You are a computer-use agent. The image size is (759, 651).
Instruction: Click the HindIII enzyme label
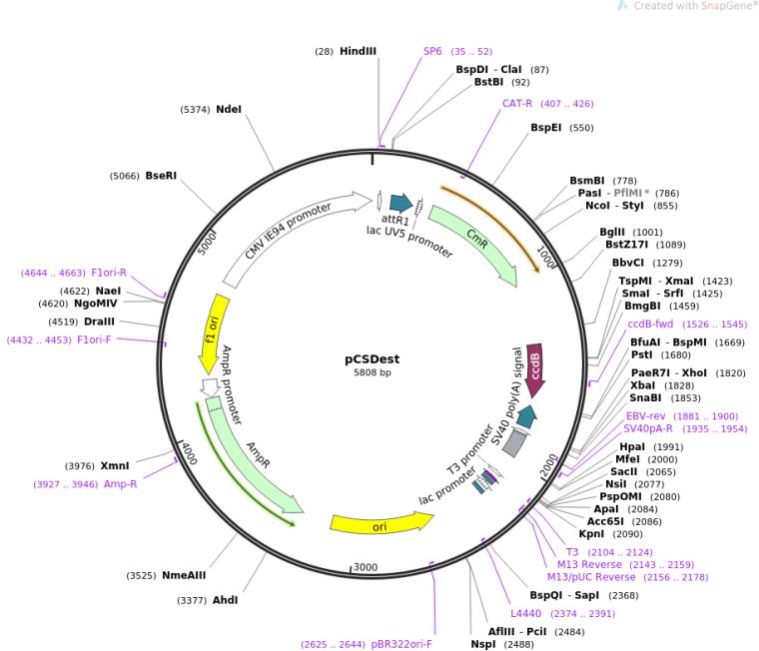click(358, 51)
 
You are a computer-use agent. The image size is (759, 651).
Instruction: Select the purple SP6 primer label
click(432, 51)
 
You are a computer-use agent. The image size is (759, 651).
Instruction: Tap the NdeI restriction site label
click(229, 110)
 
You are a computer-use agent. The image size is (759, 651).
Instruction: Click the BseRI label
click(161, 176)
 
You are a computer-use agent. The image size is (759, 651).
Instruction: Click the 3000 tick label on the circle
click(366, 567)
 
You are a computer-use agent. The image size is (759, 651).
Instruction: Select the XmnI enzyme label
click(115, 465)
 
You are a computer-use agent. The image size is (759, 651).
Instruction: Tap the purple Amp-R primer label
click(120, 484)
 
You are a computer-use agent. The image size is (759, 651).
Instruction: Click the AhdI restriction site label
click(225, 600)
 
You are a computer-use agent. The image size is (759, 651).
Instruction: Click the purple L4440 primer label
click(525, 613)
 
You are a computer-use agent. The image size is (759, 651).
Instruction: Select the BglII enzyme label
click(612, 232)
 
